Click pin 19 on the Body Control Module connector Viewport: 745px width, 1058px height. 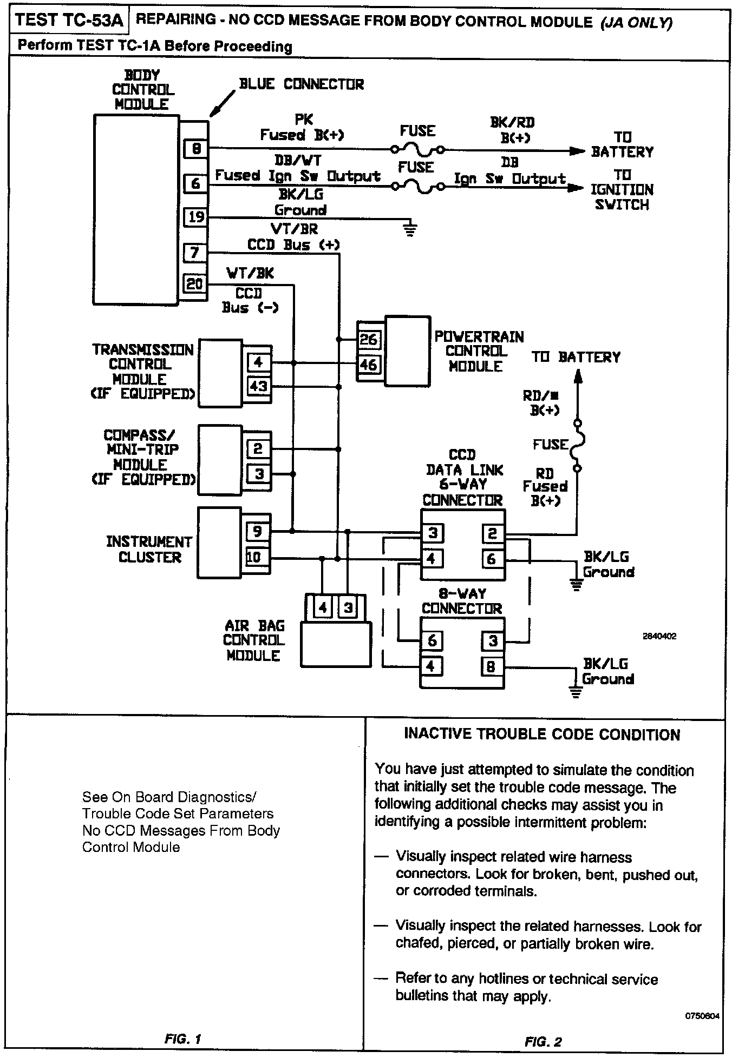[x=195, y=217]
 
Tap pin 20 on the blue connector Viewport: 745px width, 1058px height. [x=195, y=283]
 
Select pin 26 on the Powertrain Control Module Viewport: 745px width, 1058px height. [x=368, y=339]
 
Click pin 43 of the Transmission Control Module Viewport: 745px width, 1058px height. [x=258, y=386]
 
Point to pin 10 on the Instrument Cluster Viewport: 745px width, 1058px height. [x=254, y=557]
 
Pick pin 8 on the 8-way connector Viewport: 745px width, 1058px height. [x=491, y=666]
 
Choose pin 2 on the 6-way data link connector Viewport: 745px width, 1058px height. [x=492, y=534]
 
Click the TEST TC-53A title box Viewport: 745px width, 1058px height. [x=69, y=21]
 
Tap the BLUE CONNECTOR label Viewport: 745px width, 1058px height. [x=302, y=84]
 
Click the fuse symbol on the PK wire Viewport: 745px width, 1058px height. [x=417, y=149]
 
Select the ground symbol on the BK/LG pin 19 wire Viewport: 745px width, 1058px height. [x=410, y=229]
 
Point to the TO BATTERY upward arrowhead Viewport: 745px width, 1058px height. [x=578, y=376]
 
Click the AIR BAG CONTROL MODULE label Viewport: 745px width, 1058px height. [x=254, y=640]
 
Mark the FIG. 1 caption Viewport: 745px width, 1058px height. [x=183, y=1039]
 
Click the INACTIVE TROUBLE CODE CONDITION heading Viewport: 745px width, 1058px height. [x=542, y=735]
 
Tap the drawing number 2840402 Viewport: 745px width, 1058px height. [x=659, y=637]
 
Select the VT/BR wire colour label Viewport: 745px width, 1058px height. [x=294, y=229]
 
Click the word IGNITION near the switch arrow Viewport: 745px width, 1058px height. [x=622, y=190]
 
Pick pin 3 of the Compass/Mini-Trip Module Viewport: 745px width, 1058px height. [x=259, y=474]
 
